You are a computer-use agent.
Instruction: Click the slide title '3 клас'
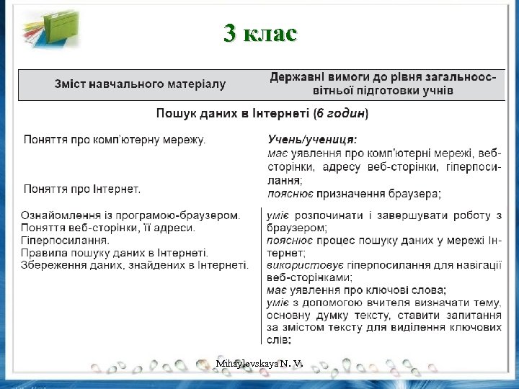260,33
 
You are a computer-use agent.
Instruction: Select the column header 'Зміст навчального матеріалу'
141,84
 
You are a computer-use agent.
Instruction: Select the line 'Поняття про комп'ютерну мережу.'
115,139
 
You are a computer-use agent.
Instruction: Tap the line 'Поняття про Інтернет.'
82,189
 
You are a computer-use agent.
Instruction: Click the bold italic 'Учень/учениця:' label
312,139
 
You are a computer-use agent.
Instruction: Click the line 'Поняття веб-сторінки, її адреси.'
108,228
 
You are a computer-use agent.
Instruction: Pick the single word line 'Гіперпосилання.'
66,240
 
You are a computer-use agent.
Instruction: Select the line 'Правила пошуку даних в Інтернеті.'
115,252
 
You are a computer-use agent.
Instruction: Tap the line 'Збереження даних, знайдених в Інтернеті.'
135,264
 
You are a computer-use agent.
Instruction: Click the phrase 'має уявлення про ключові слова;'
356,290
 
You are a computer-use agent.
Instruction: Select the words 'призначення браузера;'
389,194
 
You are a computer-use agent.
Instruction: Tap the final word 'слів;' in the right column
279,339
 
